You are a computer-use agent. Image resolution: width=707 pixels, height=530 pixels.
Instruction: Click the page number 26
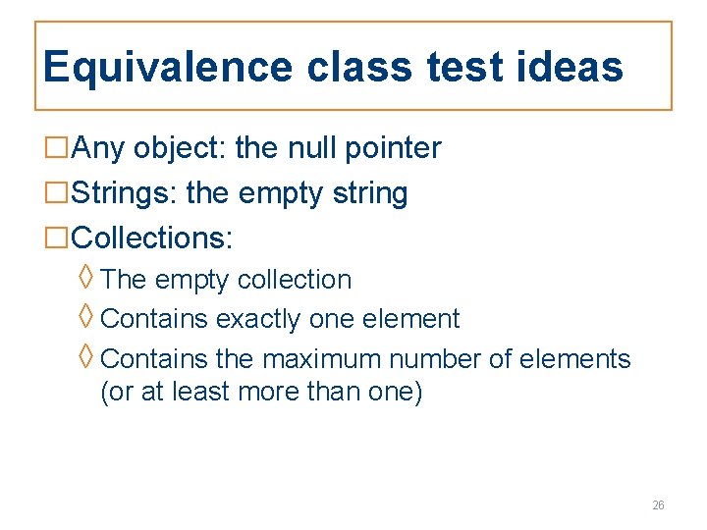pos(658,505)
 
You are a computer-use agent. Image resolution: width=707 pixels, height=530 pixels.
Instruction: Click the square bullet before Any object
pos(58,149)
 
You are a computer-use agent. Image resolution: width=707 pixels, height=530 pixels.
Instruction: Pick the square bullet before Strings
pos(58,193)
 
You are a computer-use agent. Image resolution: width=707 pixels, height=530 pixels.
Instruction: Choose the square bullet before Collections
pos(58,238)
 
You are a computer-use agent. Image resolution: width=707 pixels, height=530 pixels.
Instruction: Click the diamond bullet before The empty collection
pos(86,278)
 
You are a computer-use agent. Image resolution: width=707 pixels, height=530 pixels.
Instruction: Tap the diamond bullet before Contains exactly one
pos(86,317)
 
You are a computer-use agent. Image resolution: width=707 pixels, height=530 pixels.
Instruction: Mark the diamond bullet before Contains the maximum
pos(86,357)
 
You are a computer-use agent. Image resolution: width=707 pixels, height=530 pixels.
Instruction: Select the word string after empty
pos(370,193)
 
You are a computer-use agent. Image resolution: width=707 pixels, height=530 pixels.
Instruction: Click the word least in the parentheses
pos(197,392)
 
